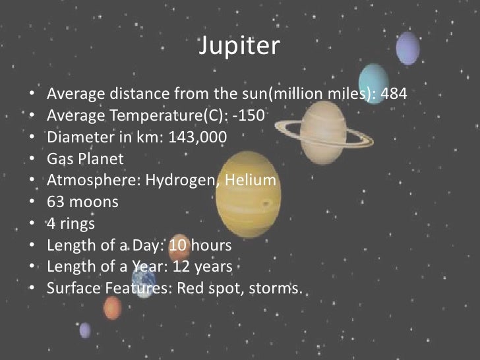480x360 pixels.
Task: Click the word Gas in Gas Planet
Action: tap(61, 159)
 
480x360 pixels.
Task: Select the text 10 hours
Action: tap(200, 246)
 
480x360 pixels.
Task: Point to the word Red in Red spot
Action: tap(183, 289)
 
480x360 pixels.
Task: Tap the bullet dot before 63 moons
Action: tap(33, 202)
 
